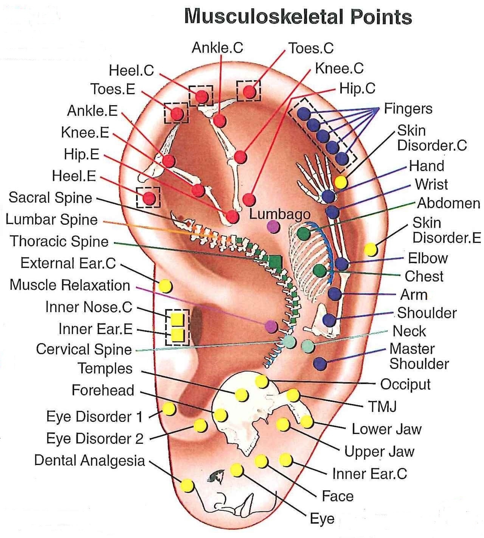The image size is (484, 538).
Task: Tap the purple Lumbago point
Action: coord(273,227)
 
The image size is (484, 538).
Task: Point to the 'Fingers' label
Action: coord(408,109)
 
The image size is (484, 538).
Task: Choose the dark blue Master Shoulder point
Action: coord(320,364)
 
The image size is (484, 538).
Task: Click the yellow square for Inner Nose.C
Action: coord(177,320)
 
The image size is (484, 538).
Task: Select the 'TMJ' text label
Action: coord(382,406)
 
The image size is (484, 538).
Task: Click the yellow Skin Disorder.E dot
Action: coord(370,250)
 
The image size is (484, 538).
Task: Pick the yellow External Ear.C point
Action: coord(165,286)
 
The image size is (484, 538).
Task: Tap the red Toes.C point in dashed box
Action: coord(249,92)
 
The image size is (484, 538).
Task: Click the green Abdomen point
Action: coord(303,233)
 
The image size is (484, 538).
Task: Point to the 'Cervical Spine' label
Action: coord(84,349)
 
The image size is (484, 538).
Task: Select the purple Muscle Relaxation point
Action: coord(271,326)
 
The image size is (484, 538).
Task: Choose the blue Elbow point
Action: coord(342,263)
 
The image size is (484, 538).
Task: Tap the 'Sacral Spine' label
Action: coord(50,198)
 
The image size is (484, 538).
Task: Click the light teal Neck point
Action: coord(308,346)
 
